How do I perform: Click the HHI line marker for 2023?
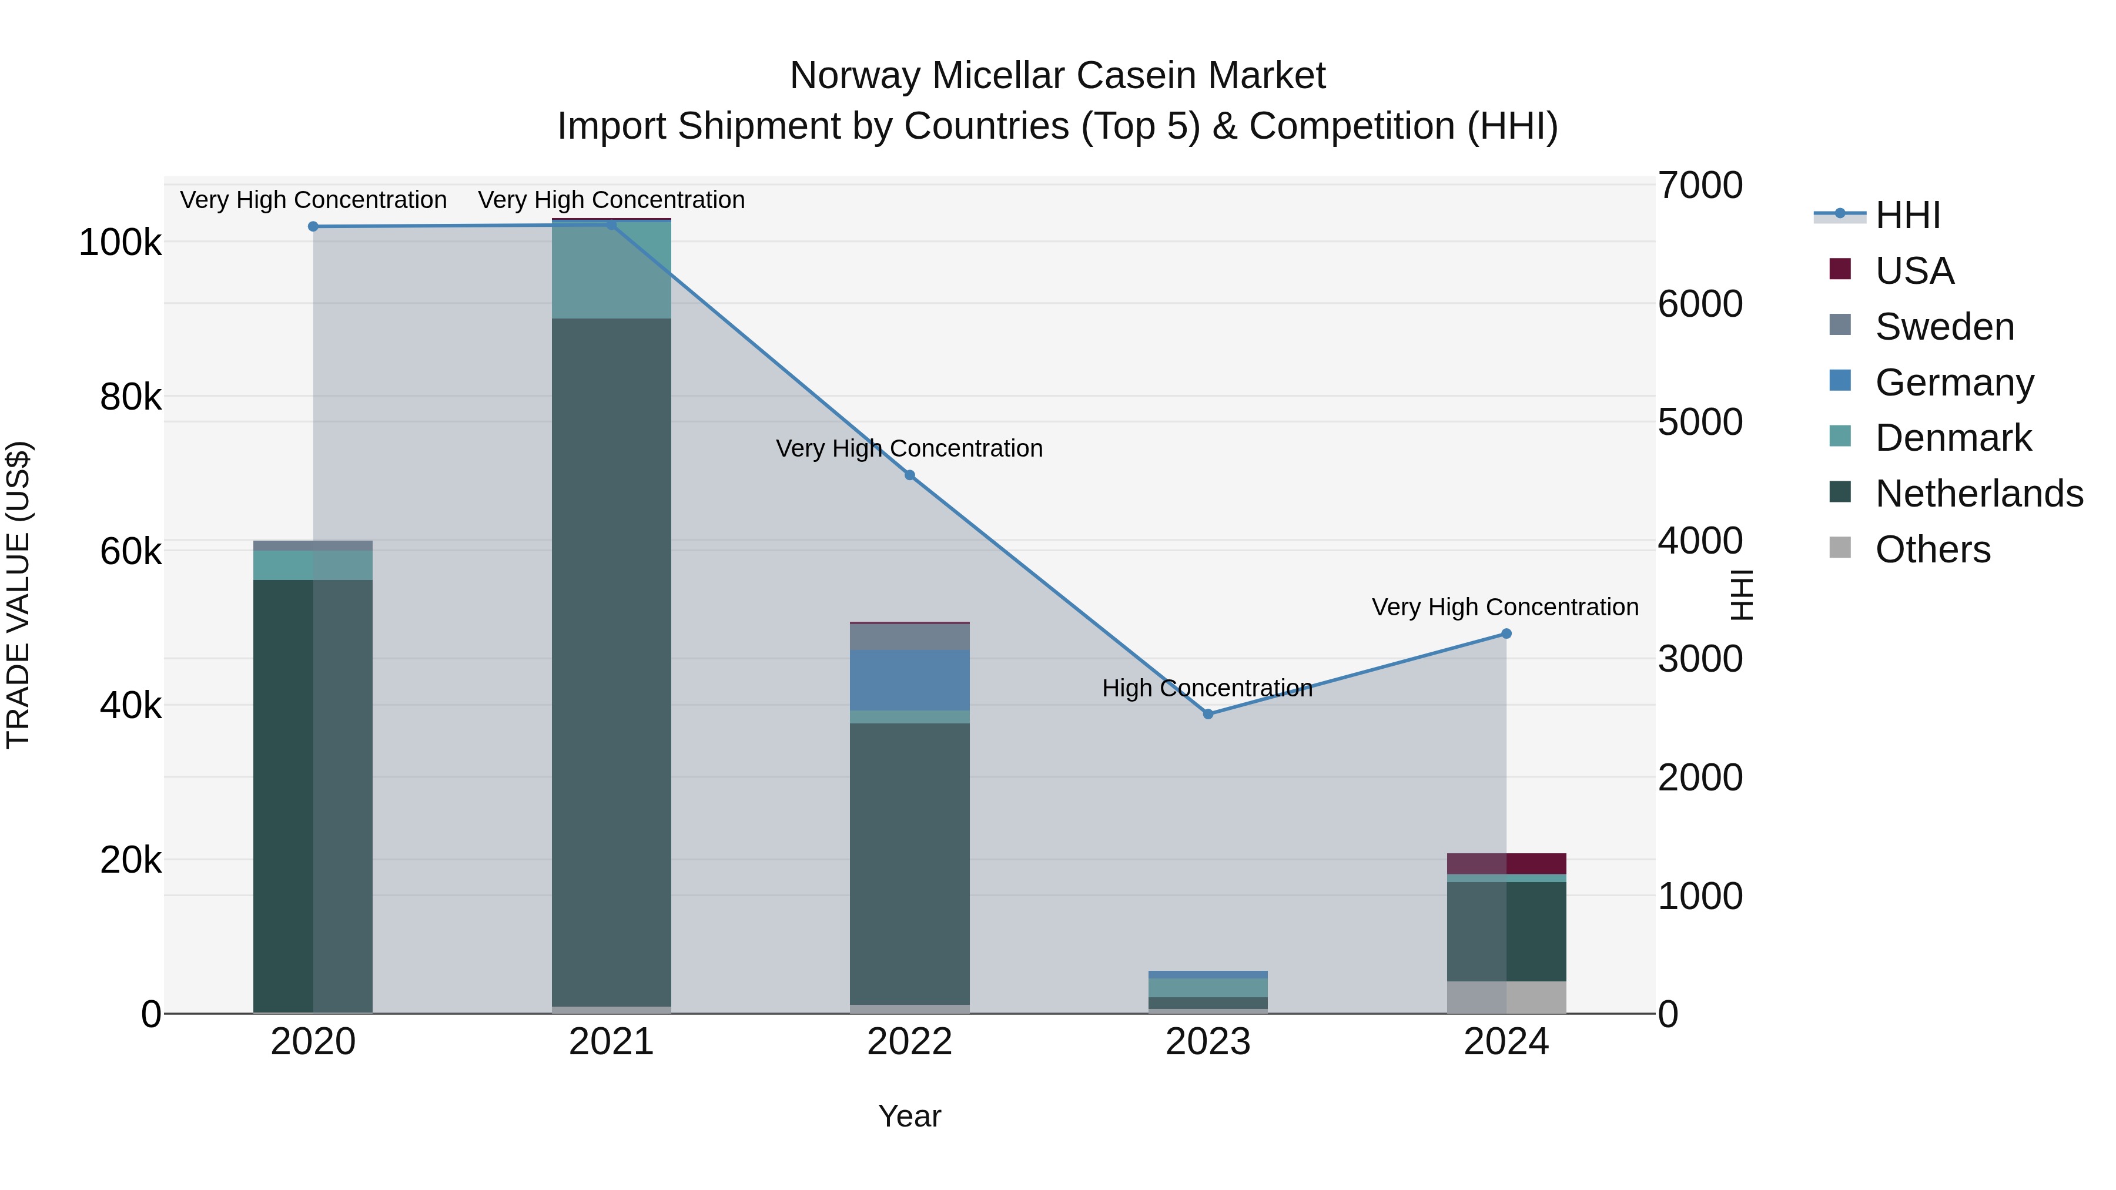point(1207,713)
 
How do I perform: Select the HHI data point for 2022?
point(909,475)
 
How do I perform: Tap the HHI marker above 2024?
point(1506,633)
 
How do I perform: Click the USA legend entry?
point(1914,271)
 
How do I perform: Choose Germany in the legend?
point(1954,383)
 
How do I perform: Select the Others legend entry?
point(1932,549)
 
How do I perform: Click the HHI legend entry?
point(1907,215)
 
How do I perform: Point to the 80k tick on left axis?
point(130,397)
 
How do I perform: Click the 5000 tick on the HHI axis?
point(1699,422)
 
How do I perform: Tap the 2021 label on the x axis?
point(611,1042)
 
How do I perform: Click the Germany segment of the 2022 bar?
point(909,679)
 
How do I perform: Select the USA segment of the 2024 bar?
point(1506,863)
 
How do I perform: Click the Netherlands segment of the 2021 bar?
point(611,657)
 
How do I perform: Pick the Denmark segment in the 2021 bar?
point(611,271)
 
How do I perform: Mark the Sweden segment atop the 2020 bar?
point(312,545)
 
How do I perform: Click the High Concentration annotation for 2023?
point(1207,688)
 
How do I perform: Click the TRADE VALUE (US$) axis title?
point(18,595)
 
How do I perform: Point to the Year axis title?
point(909,1116)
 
